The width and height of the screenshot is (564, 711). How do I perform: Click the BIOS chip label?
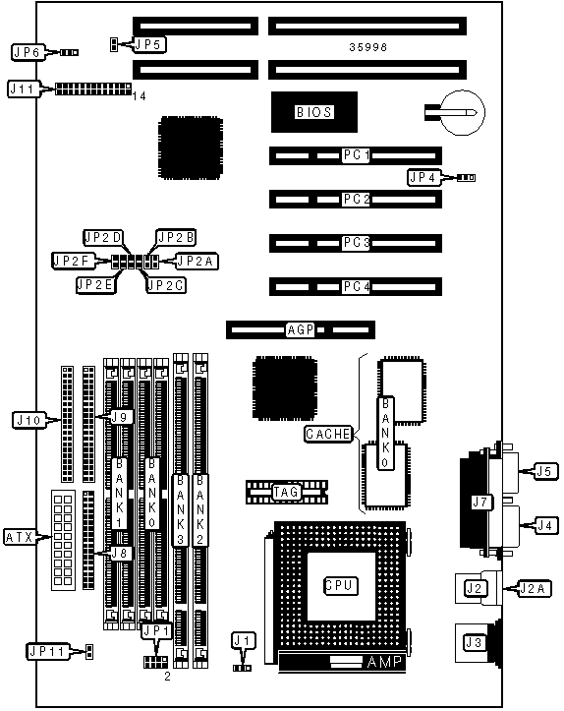pos(314,112)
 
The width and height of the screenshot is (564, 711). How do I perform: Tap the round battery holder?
pos(464,112)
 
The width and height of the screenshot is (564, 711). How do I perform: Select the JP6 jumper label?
pos(28,52)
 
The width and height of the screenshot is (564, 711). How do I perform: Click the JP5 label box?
pos(149,44)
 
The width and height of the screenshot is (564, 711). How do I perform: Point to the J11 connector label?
pos(23,89)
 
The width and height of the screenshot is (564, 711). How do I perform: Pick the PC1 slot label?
pos(356,155)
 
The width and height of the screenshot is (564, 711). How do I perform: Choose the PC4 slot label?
pos(356,286)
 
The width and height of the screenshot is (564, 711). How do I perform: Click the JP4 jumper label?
pos(424,178)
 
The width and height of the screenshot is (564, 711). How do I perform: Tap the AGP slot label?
pos(301,329)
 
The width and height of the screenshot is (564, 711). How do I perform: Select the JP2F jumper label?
pos(73,261)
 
